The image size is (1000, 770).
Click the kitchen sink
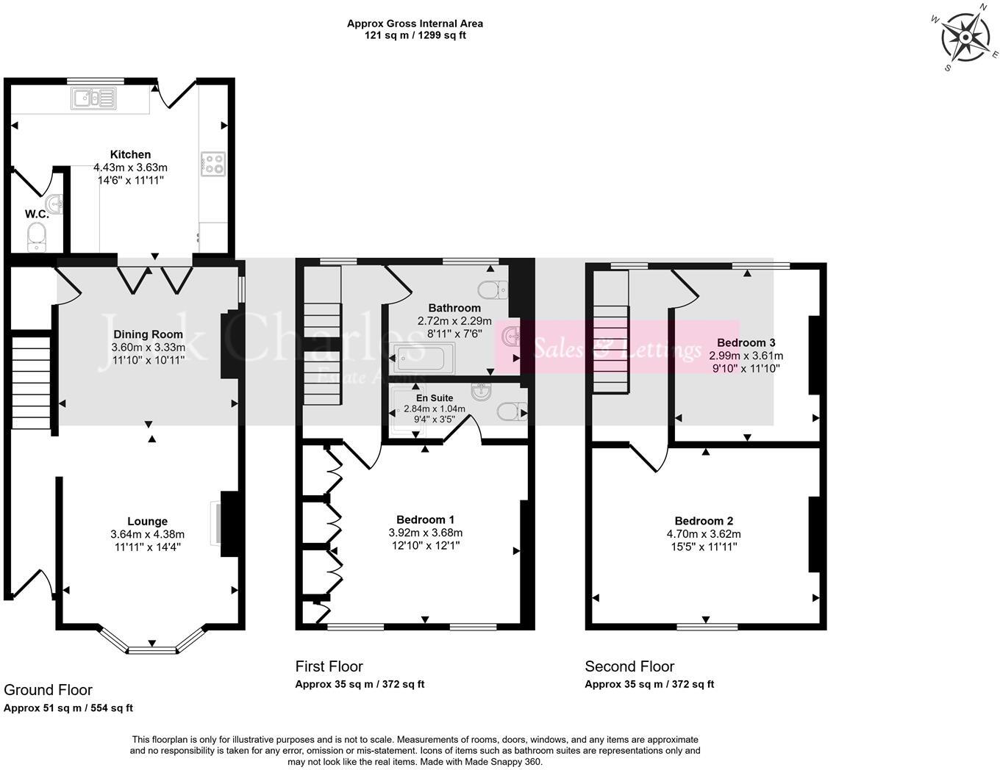point(93,98)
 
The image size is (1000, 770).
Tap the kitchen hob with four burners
point(213,164)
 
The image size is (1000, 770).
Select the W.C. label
point(37,214)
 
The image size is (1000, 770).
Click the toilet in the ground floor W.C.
point(36,237)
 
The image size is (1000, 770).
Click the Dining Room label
point(148,334)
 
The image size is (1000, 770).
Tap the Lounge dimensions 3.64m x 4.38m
point(148,534)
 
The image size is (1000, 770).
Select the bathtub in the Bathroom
point(424,359)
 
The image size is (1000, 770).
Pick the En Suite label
point(435,397)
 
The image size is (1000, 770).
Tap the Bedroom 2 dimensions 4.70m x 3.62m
point(704,534)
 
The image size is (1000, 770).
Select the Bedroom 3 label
point(746,342)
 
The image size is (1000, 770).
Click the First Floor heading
point(329,666)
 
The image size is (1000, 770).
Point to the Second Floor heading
point(629,666)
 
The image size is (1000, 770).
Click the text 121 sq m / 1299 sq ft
point(415,35)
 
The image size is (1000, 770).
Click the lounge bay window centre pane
point(151,650)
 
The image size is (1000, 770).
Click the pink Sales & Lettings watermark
point(616,348)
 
